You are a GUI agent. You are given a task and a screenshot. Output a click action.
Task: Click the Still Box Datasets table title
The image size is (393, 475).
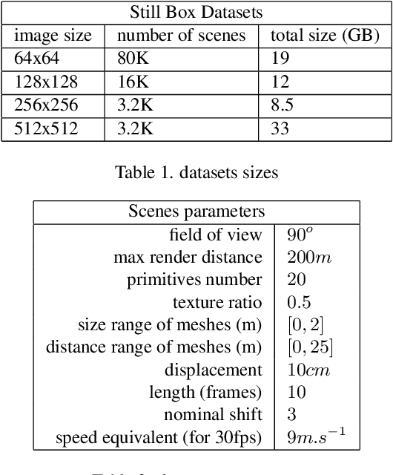pos(196,13)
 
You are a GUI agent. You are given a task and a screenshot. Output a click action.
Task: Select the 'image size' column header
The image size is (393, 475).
pos(53,35)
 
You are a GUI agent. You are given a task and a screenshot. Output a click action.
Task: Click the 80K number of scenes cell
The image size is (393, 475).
pos(134,59)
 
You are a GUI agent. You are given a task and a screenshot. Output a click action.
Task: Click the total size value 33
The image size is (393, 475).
pos(279,130)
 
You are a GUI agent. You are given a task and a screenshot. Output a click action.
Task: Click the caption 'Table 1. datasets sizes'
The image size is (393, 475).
pos(196,173)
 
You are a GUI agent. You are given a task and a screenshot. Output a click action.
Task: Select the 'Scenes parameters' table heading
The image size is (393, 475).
pos(196,212)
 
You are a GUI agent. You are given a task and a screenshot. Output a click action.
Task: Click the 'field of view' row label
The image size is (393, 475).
pos(216,235)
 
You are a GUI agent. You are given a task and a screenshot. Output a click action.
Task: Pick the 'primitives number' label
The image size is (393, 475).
pos(194,280)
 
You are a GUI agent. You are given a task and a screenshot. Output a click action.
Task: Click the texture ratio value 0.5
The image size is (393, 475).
pos(299,302)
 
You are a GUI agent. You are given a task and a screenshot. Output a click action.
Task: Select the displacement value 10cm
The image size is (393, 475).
pos(308,370)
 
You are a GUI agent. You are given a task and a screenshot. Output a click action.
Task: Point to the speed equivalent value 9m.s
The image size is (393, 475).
pos(311,436)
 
